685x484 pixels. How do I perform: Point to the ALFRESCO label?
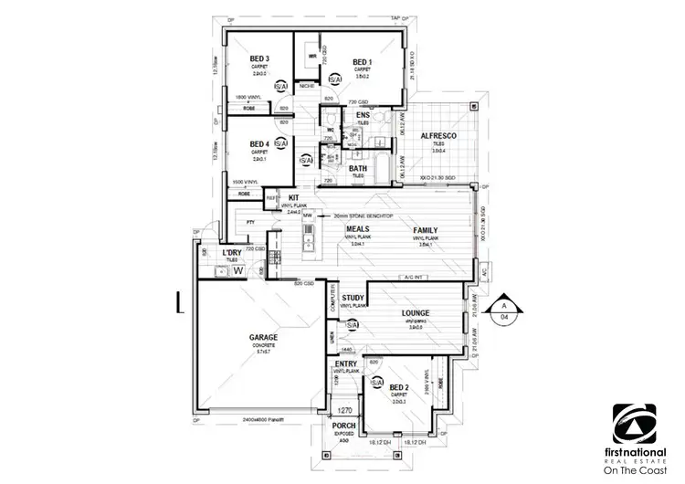(437, 136)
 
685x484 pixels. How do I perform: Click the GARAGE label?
(264, 337)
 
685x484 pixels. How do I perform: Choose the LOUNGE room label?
(415, 313)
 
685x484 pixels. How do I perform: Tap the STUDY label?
(353, 298)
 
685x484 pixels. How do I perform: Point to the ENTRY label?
(346, 364)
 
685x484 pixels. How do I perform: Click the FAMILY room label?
(427, 230)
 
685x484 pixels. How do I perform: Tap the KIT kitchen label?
(294, 197)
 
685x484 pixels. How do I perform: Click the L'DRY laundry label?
(232, 252)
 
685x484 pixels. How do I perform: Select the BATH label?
(359, 168)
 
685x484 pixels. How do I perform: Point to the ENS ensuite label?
(363, 114)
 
